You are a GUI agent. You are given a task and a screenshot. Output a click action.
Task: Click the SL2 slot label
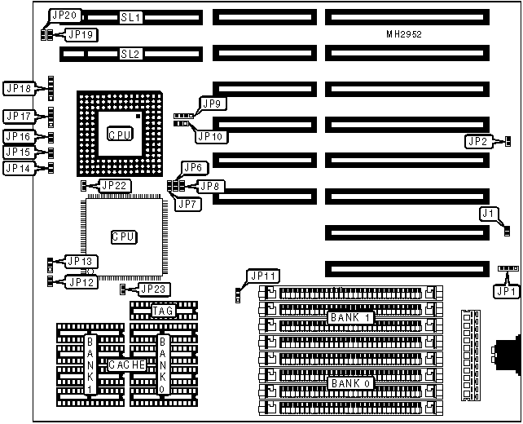click(130, 54)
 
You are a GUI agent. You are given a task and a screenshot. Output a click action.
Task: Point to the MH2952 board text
click(404, 34)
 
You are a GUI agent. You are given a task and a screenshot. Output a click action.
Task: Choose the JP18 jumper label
click(19, 88)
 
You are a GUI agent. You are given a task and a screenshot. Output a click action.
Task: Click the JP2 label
click(477, 141)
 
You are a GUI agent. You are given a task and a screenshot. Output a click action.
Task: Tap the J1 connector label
click(487, 214)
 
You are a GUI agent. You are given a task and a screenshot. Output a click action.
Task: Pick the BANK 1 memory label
click(349, 317)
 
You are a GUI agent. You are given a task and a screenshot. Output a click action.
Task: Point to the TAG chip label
click(163, 310)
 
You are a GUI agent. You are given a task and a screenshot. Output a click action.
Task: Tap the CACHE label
click(127, 364)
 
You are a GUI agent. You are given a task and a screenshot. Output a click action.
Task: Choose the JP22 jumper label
click(113, 186)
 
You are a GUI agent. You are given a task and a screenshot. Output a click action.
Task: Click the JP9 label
click(214, 104)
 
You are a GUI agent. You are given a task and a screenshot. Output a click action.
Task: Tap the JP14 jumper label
click(19, 168)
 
